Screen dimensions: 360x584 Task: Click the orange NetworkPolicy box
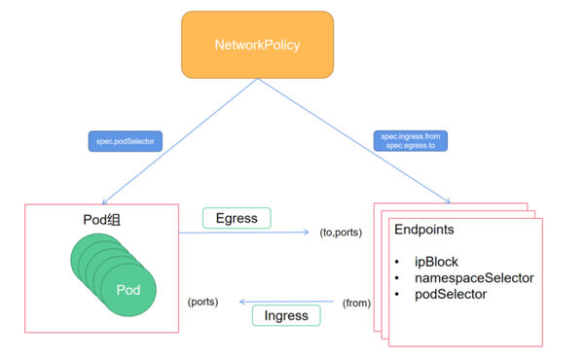(257, 45)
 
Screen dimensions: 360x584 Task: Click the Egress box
(237, 218)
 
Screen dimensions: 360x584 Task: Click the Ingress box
(286, 315)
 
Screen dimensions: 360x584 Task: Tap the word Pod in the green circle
(128, 290)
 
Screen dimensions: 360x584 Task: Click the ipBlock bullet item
(435, 262)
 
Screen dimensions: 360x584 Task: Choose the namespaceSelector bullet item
(474, 277)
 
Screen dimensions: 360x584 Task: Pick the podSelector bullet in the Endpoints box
(451, 293)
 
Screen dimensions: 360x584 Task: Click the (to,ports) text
(341, 233)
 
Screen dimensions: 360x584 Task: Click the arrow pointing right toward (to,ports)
(243, 234)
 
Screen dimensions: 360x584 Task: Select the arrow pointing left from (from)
(282, 302)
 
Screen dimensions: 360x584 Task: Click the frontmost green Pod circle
(128, 290)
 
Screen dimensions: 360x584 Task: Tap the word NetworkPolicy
(257, 45)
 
